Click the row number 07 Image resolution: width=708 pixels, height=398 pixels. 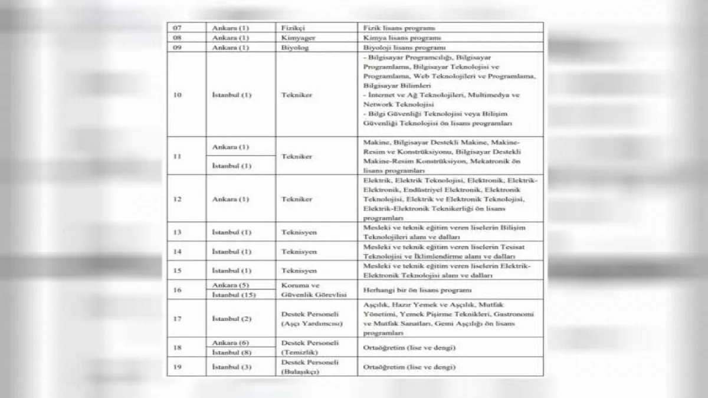176,28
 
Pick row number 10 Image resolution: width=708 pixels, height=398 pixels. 177,94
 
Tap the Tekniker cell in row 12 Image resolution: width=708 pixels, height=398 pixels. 297,199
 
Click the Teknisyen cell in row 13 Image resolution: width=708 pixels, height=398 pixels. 299,232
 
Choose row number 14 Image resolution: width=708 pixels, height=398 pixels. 177,252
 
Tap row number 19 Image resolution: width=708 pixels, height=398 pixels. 177,367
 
